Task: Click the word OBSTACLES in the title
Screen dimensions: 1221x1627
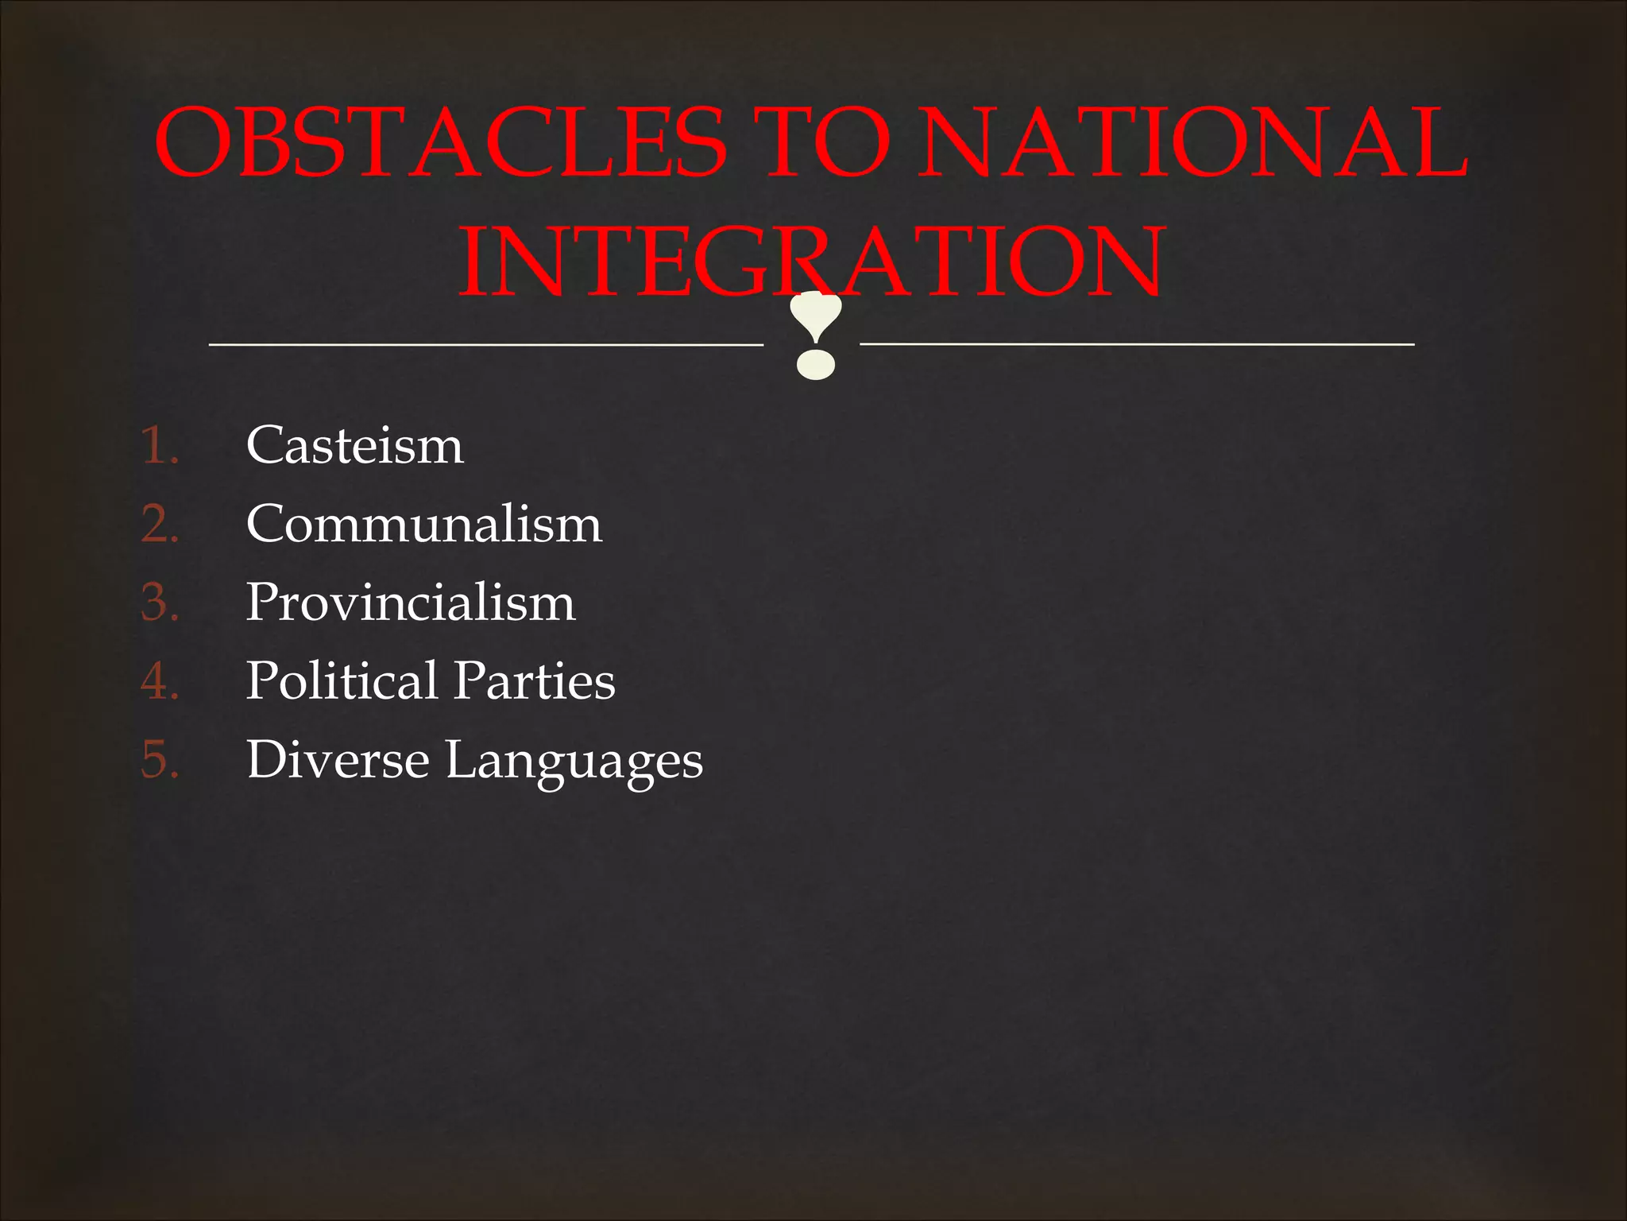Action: pos(441,143)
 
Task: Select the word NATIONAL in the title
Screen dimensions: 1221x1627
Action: pos(1192,143)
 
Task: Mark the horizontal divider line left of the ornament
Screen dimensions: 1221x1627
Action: pos(485,344)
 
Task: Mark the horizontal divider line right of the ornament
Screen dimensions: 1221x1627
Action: pos(1137,343)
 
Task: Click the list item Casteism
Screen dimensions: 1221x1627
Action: pos(354,444)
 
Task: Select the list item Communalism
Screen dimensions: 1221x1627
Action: pos(424,523)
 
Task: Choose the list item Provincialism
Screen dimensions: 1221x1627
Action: pos(410,602)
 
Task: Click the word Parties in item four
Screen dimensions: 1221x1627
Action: pos(535,681)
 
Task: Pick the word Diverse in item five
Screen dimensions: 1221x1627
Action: pos(338,760)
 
